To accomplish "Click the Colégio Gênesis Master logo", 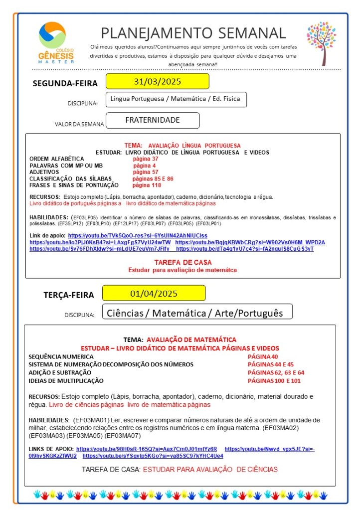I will tap(55, 42).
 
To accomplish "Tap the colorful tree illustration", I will tap(321, 42).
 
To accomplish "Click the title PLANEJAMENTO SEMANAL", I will tap(193, 33).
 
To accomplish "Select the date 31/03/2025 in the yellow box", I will tap(157, 81).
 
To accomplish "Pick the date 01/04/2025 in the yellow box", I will tap(154, 293).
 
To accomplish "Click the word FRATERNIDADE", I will tap(153, 120).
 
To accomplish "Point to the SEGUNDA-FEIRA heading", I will tap(65, 83).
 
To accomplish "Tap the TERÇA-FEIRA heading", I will tap(69, 295).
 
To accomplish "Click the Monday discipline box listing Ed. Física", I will tap(176, 99).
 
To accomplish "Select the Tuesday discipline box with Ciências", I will tap(196, 313).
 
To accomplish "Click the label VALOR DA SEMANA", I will tap(79, 124).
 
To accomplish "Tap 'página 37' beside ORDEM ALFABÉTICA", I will tap(146, 159).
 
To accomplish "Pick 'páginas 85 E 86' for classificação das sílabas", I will tap(153, 178).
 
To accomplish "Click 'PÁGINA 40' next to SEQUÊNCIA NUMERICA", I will tap(263, 356).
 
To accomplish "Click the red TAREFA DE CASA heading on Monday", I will tap(182, 262).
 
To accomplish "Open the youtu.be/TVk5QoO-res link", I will tap(138, 235).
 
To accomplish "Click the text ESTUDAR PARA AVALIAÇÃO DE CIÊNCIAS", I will tap(210, 469).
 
